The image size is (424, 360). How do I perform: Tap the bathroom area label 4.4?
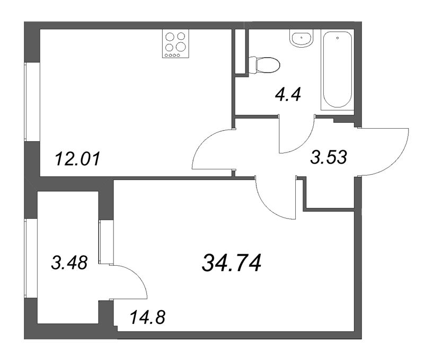tap(288, 95)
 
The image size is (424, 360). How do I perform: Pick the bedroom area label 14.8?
tap(147, 318)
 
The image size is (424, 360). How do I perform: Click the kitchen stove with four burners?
tap(175, 44)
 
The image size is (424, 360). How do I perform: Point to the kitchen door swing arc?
tap(209, 151)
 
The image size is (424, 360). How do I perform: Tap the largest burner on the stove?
tap(181, 46)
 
